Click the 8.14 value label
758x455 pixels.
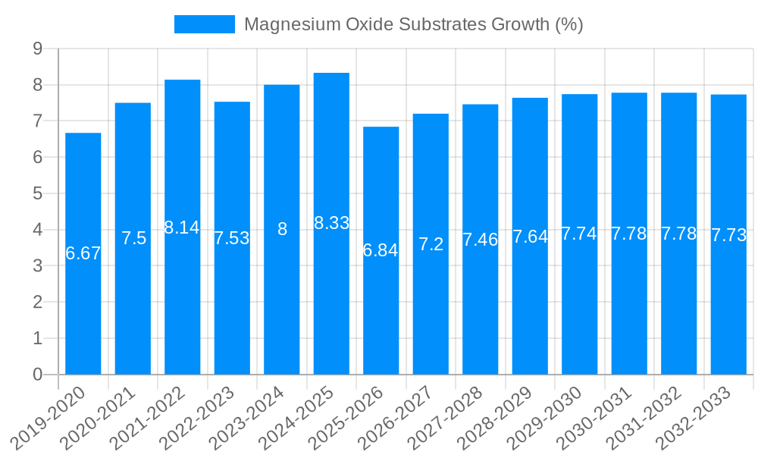coord(182,227)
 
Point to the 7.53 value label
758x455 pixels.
coord(232,238)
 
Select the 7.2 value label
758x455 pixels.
coord(431,244)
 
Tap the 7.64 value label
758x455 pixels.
coord(530,237)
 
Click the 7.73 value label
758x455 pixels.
coord(728,235)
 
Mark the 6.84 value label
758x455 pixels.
coord(381,250)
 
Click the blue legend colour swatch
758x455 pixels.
coord(205,24)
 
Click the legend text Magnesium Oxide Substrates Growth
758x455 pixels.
coord(413,24)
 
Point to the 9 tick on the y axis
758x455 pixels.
coord(37,49)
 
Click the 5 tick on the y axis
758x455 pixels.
coord(37,193)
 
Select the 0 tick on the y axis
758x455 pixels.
coord(37,375)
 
